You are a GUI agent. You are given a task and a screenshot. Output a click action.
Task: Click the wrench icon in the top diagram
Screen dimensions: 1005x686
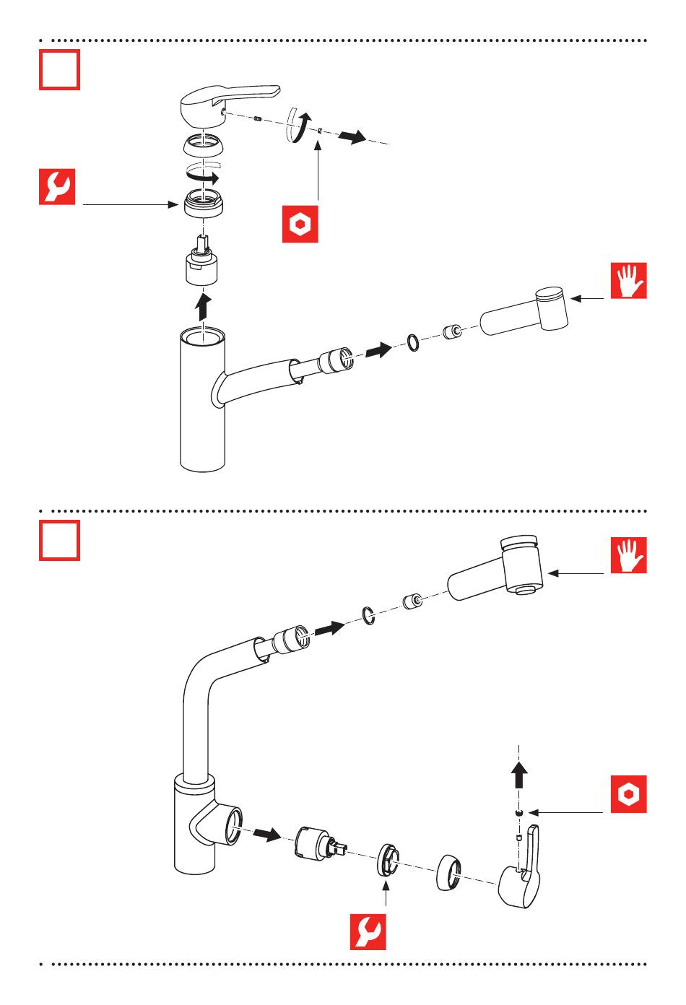pos(57,187)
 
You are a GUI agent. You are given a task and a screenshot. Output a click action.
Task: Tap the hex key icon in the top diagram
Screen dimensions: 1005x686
pos(300,225)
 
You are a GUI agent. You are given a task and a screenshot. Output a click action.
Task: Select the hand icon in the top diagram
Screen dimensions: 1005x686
pos(628,281)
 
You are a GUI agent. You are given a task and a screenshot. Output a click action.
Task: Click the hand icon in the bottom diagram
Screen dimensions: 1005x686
pos(628,555)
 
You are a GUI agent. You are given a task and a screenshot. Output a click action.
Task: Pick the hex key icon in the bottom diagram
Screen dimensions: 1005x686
pos(628,795)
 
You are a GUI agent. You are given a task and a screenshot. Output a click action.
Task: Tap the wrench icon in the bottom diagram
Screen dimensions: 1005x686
pos(368,932)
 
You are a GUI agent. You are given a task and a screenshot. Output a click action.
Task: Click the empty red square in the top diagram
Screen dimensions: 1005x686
pos(59,70)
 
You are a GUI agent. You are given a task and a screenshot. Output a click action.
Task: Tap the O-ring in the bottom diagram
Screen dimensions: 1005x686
pos(368,616)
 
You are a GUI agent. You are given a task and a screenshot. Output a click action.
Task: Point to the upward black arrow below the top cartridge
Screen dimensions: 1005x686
pos(204,306)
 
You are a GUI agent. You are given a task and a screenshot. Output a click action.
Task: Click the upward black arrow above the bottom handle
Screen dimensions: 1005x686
pos(519,776)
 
